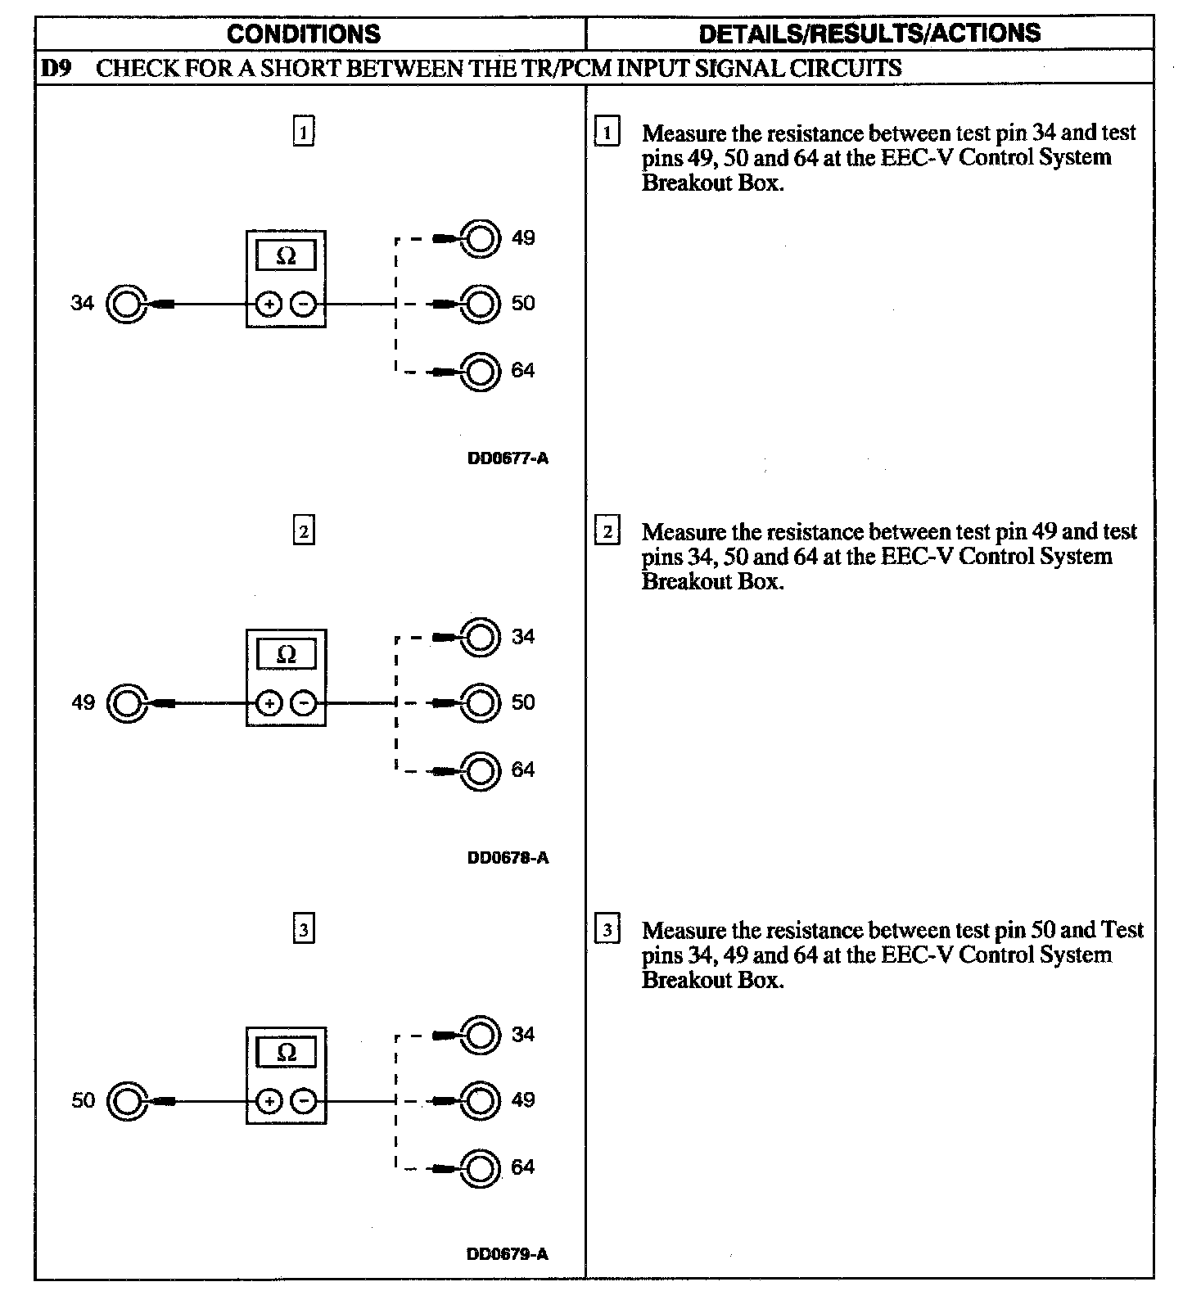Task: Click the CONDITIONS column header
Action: (304, 34)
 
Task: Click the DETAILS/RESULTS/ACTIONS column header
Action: (869, 34)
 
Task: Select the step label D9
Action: (55, 68)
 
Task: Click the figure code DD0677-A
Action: (508, 458)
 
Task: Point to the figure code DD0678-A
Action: (508, 858)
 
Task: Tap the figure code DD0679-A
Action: (508, 1254)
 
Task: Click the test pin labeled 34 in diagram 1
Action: (127, 305)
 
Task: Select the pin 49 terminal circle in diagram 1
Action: (481, 239)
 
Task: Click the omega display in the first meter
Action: (286, 256)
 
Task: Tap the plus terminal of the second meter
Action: (269, 703)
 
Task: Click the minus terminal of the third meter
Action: (304, 1101)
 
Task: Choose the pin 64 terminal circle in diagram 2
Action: (481, 770)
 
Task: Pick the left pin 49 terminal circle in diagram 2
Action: (127, 703)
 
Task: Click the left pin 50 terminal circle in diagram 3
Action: (127, 1101)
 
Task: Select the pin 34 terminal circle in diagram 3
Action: (481, 1036)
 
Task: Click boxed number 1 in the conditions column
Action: (304, 132)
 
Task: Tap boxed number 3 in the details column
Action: (607, 930)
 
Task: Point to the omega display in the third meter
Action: (286, 1053)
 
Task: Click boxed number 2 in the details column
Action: (607, 532)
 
